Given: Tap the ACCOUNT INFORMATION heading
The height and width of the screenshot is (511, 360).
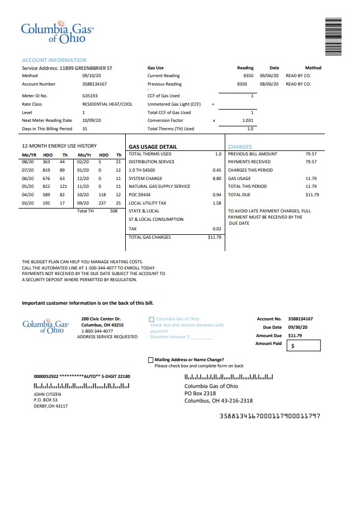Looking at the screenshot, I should pyautogui.click(x=54, y=60).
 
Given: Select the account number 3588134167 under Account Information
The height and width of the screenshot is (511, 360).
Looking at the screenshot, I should pyautogui.click(x=94, y=84).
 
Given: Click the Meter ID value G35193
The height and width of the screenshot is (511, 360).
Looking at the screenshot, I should pyautogui.click(x=90, y=96).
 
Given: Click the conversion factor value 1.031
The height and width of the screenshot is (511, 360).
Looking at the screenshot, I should pyautogui.click(x=248, y=120).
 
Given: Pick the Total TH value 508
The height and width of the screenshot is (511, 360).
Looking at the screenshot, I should pyautogui.click(x=113, y=211).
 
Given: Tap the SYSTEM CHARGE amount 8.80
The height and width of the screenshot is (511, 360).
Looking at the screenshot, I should pyautogui.click(x=217, y=178).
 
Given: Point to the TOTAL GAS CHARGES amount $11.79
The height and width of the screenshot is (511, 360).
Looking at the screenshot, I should pyautogui.click(x=215, y=237).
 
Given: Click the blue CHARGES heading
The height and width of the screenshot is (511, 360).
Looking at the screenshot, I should pyautogui.click(x=240, y=147).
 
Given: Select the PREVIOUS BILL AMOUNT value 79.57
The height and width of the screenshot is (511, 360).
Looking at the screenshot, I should pyautogui.click(x=311, y=154).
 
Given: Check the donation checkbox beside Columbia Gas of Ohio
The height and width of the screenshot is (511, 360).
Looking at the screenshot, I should pyautogui.click(x=151, y=319).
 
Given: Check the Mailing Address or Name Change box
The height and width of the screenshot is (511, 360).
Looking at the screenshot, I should pyautogui.click(x=150, y=360).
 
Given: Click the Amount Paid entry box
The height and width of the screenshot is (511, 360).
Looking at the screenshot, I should pyautogui.click(x=304, y=346).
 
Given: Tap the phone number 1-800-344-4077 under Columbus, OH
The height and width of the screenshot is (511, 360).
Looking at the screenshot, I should pyautogui.click(x=97, y=331).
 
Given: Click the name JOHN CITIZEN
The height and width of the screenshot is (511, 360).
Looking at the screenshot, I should pyautogui.click(x=48, y=394).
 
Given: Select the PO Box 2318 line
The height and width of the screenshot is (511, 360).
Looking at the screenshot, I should pyautogui.click(x=200, y=393).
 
